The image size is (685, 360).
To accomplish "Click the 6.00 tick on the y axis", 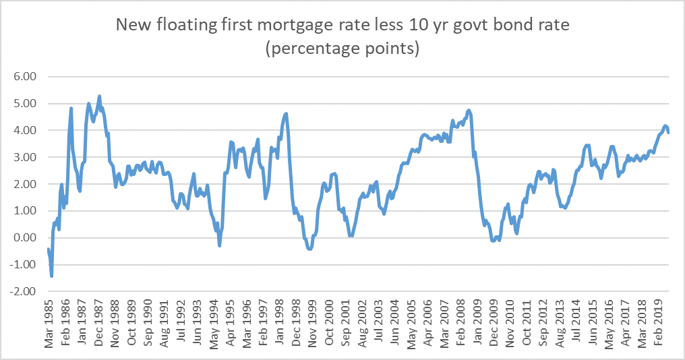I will click(23, 77).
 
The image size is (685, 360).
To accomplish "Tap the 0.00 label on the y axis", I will click(23, 237).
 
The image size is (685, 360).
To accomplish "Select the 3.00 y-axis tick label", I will click(23, 157).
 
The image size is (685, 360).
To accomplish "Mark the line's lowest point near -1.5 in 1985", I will click(51, 276).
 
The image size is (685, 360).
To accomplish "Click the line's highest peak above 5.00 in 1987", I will click(100, 96).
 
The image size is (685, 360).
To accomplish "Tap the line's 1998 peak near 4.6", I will click(287, 114).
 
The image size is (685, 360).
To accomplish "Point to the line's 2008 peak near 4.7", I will click(469, 111).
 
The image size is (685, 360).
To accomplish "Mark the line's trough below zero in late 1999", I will click(309, 249).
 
